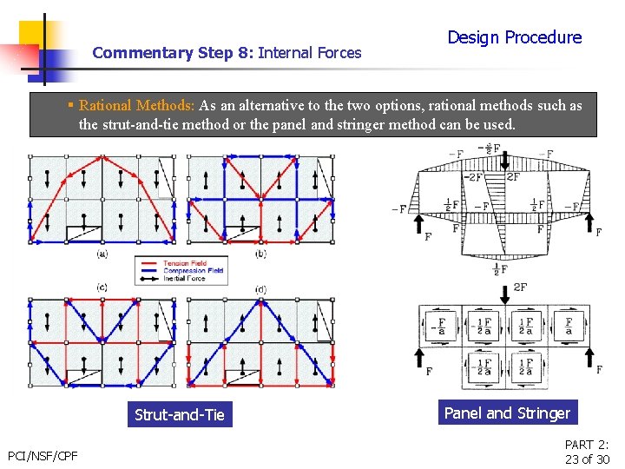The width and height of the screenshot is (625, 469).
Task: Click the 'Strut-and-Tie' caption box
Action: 180,415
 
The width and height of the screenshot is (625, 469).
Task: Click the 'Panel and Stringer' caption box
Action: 507,413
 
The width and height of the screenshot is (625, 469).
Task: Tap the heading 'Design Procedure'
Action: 514,37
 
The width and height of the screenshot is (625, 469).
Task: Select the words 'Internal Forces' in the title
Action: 310,53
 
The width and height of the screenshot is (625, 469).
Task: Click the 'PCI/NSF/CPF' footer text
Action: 43,455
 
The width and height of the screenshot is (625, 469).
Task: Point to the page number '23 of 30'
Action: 588,459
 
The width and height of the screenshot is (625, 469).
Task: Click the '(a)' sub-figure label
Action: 103,254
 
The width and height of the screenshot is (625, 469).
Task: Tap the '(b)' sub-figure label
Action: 260,254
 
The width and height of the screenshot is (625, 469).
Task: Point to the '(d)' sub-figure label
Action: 260,288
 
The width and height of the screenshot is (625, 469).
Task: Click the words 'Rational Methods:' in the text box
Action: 137,106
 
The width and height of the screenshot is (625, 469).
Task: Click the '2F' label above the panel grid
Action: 520,287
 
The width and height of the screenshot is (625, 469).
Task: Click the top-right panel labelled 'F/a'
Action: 569,327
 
